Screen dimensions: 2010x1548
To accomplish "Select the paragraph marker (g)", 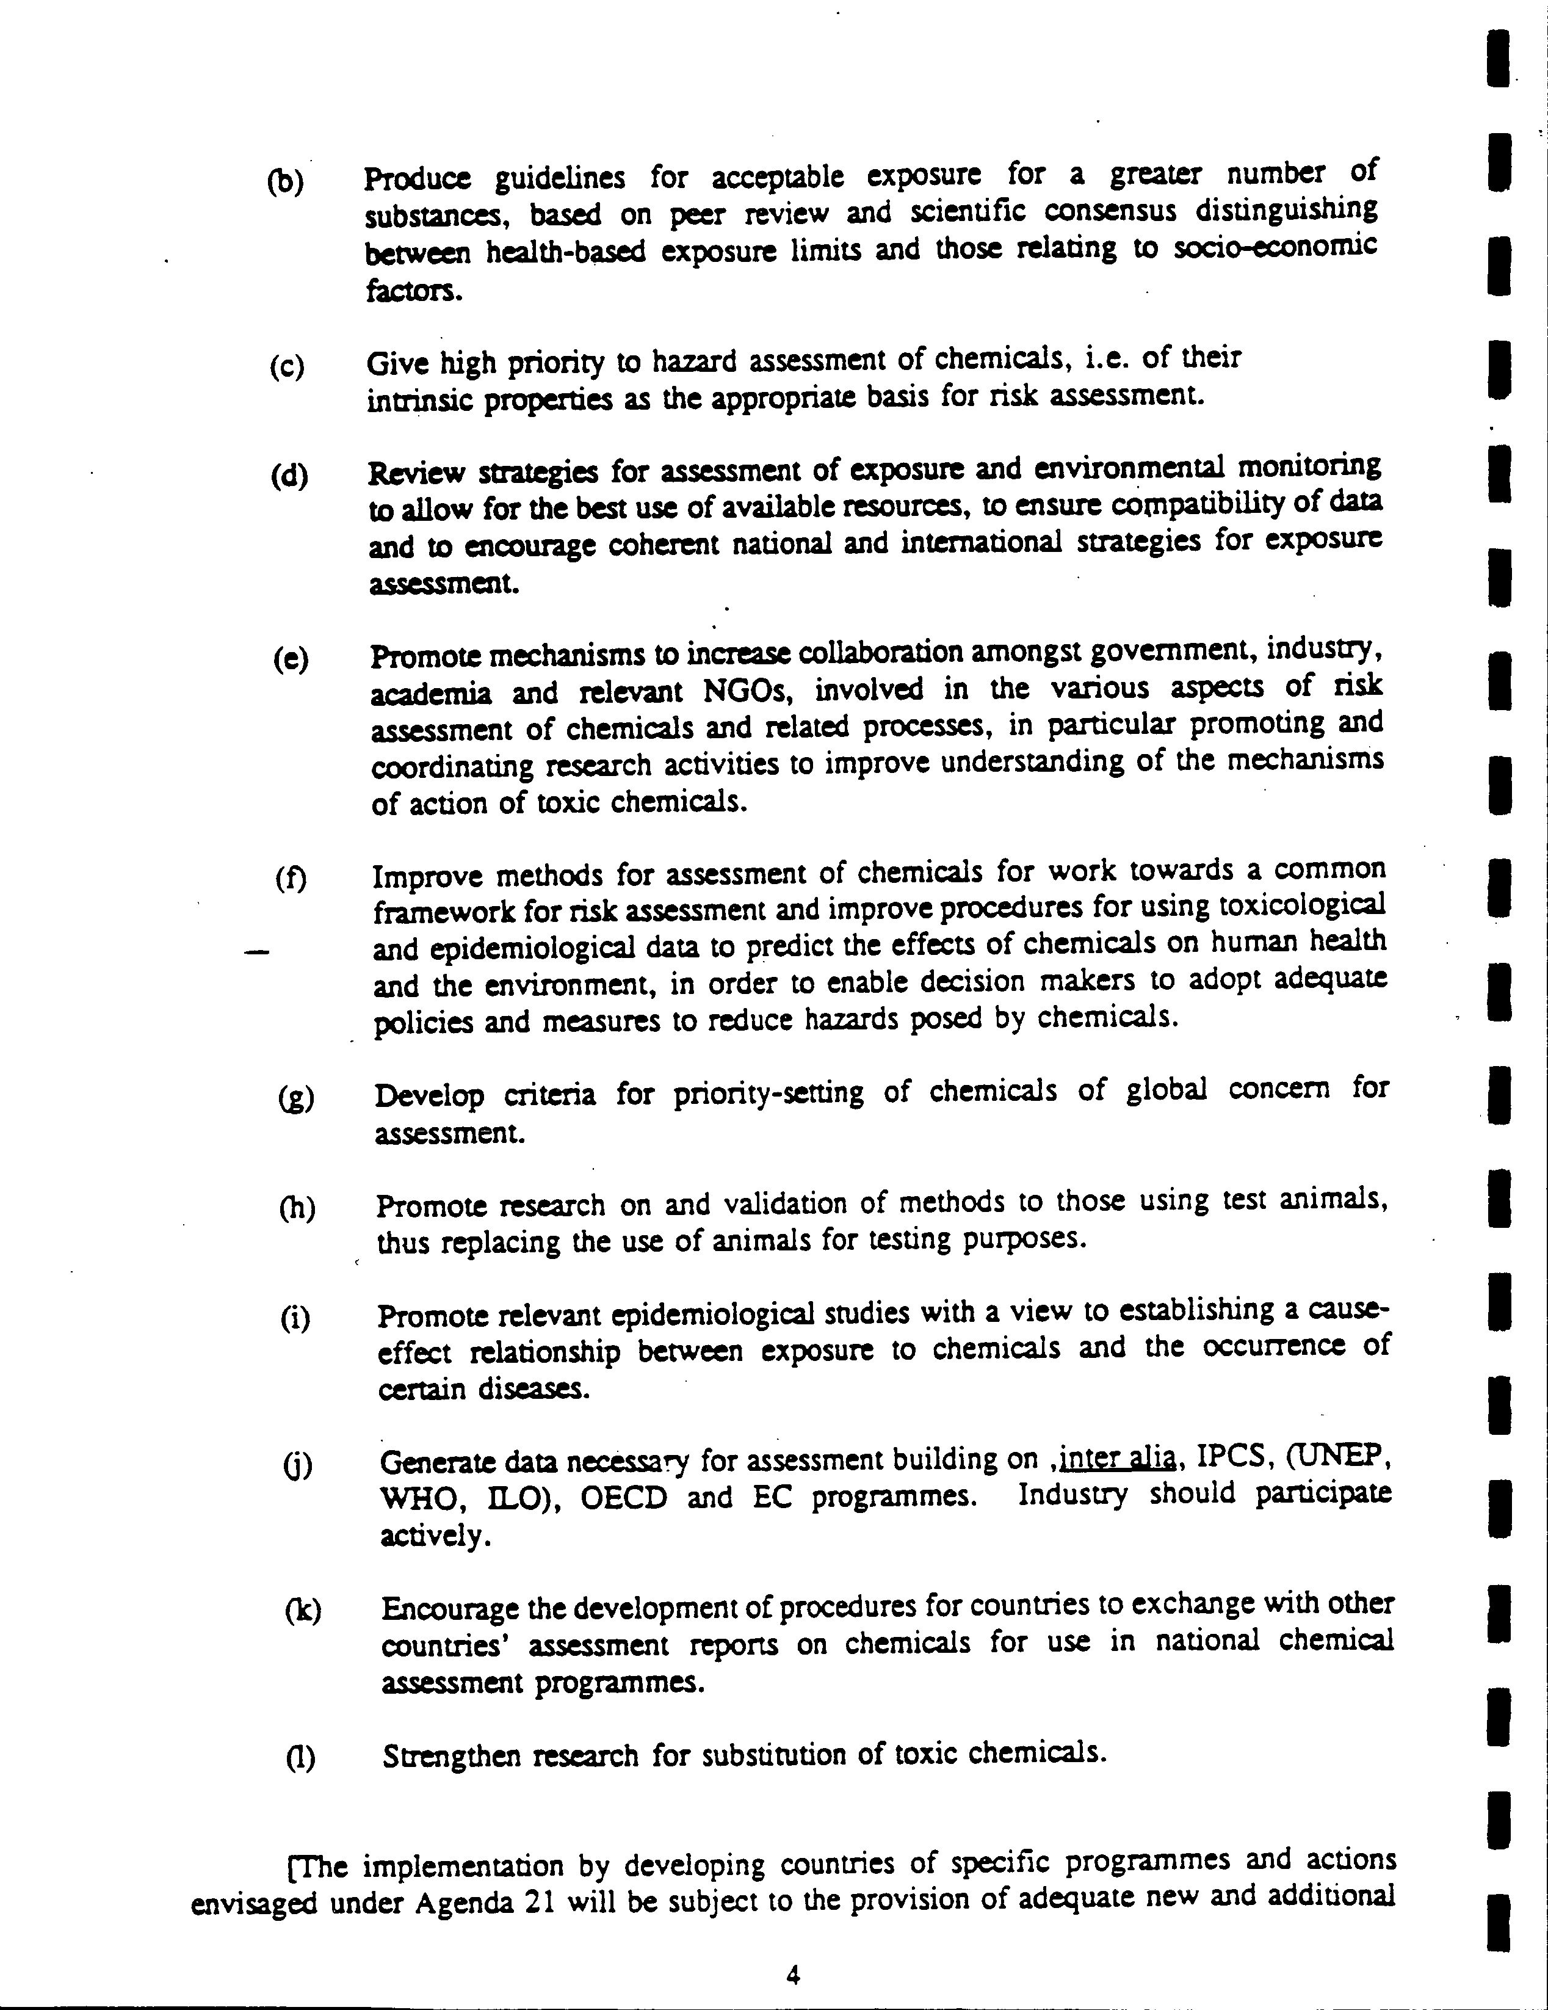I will [x=295, y=1097].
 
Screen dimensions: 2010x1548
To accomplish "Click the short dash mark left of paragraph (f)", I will [x=258, y=952].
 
